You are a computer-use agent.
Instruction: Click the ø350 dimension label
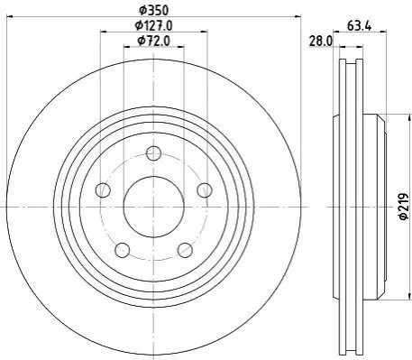[153, 11]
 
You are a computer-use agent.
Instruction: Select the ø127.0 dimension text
[153, 25]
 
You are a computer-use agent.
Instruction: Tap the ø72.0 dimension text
[153, 41]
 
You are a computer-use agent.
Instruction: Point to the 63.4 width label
[360, 26]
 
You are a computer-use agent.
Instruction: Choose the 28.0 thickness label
[321, 42]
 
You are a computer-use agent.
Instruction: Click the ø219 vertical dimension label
[404, 207]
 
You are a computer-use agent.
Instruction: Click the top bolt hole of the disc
[153, 153]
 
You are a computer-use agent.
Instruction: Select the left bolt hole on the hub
[103, 190]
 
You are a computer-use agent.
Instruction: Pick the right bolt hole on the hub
[205, 190]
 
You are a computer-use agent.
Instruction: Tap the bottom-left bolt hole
[123, 250]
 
